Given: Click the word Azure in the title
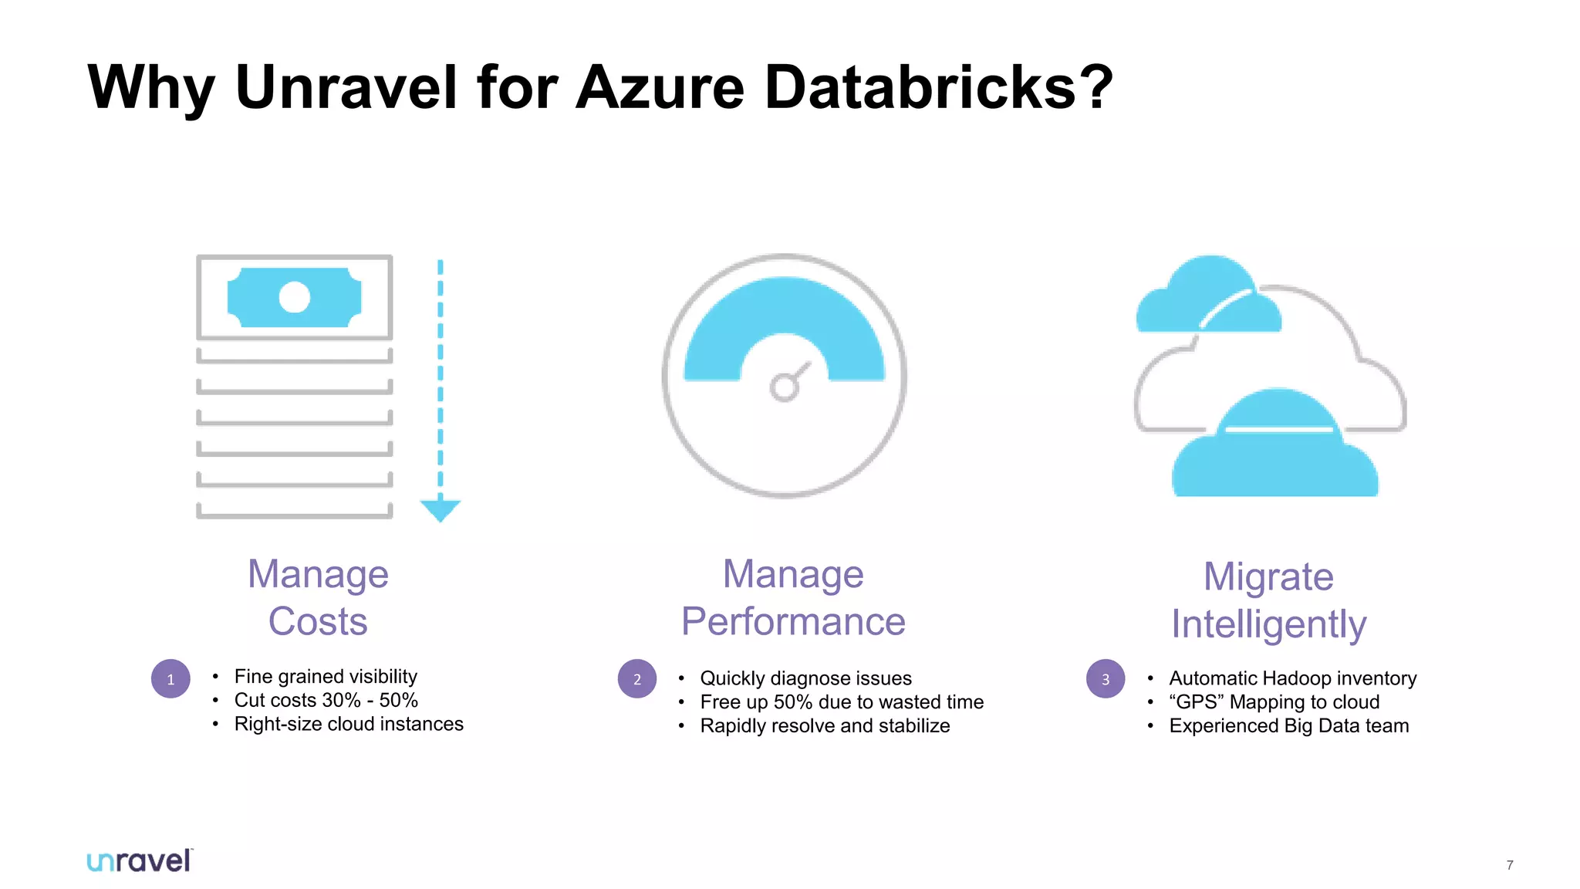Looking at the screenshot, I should tap(660, 86).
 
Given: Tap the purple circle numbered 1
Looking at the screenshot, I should tap(170, 679).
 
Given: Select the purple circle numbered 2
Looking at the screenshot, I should tap(637, 679).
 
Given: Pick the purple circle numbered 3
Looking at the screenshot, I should tap(1106, 679).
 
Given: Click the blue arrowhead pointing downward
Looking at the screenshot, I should tap(440, 509).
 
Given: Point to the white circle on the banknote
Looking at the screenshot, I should tap(294, 297).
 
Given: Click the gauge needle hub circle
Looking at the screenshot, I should tap(784, 387).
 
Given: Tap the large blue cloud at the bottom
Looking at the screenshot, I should tap(1274, 455).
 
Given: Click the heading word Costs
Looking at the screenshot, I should tap(318, 621).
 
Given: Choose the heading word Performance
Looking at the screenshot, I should tap(793, 621).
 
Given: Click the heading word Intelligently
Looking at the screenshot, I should tap(1268, 624).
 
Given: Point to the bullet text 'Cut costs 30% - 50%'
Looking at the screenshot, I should tap(326, 700).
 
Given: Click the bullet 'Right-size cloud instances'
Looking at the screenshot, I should tap(349, 724).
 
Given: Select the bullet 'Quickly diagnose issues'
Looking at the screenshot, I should tap(805, 678).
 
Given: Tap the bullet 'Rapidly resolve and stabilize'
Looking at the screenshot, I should tap(825, 726).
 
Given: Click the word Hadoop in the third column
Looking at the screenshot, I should tap(1296, 678).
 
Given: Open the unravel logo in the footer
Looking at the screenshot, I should tap(139, 860).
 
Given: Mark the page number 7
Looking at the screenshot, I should tap(1510, 865).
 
